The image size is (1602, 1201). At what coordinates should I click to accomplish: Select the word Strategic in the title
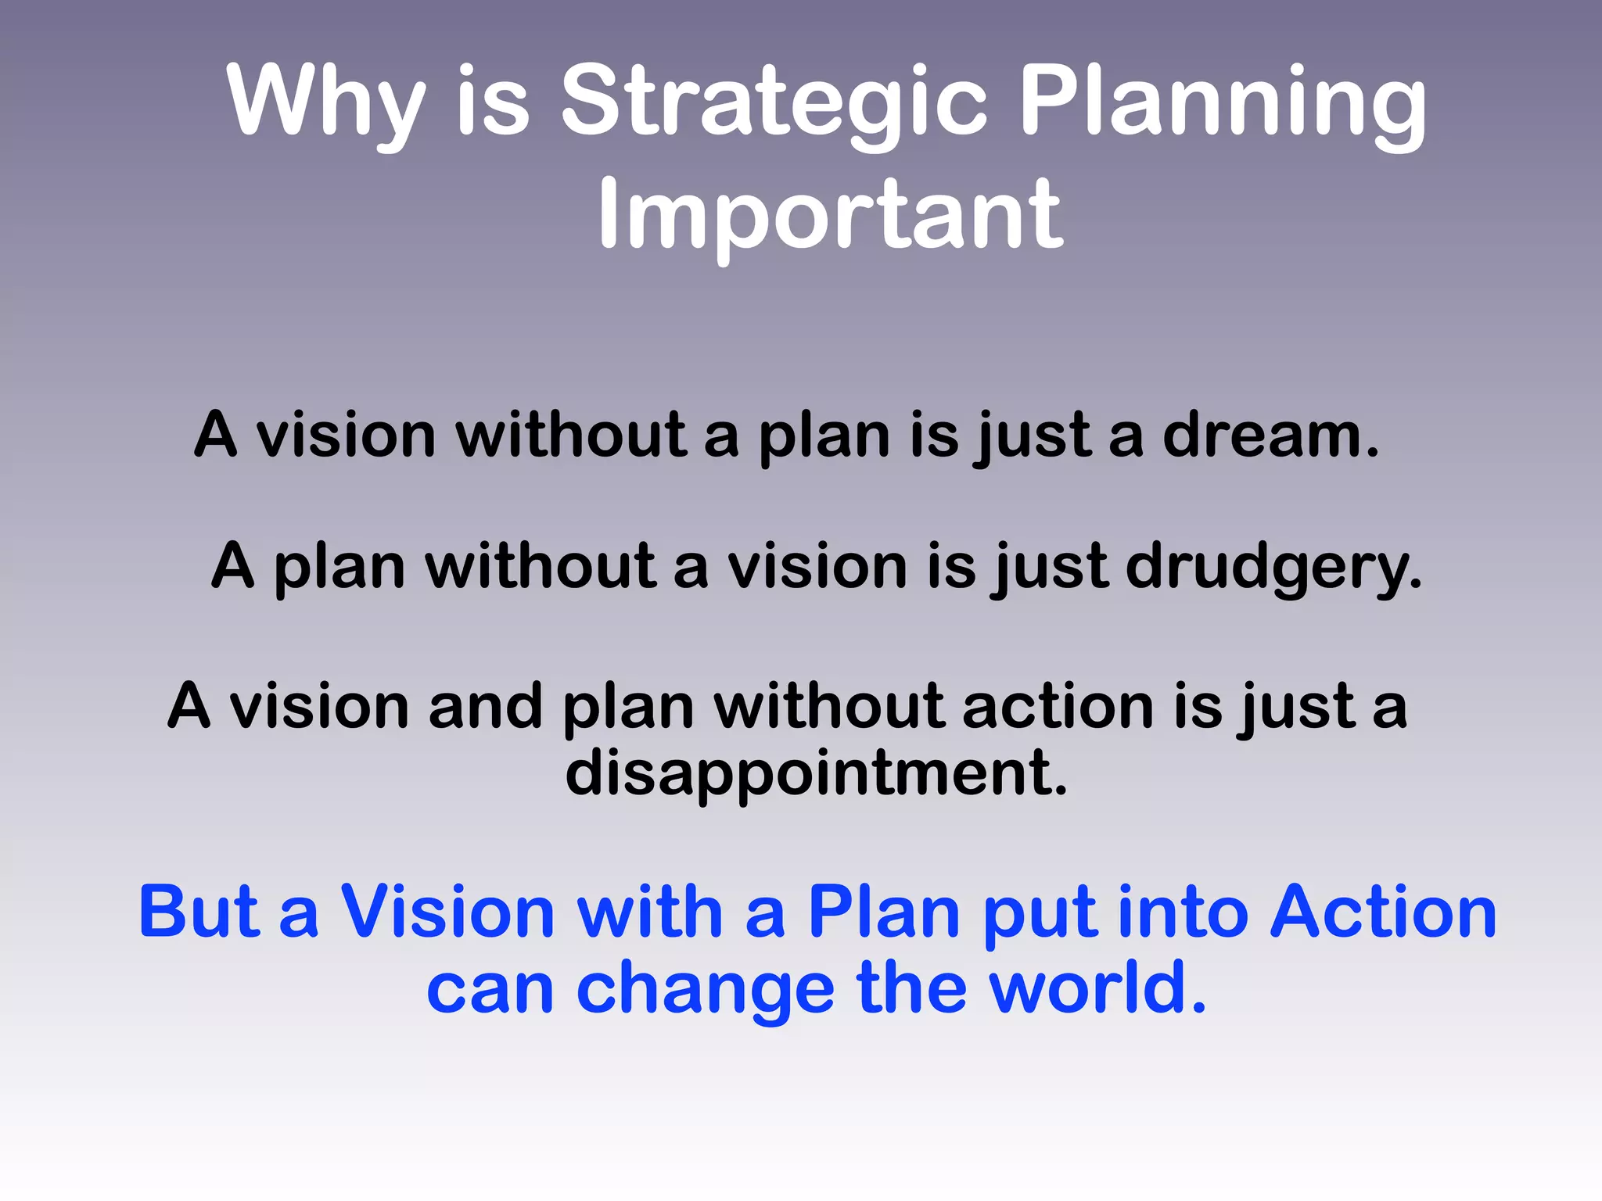[x=774, y=102]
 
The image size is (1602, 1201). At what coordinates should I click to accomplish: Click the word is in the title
[x=493, y=102]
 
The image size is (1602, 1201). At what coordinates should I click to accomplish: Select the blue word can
[x=490, y=990]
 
